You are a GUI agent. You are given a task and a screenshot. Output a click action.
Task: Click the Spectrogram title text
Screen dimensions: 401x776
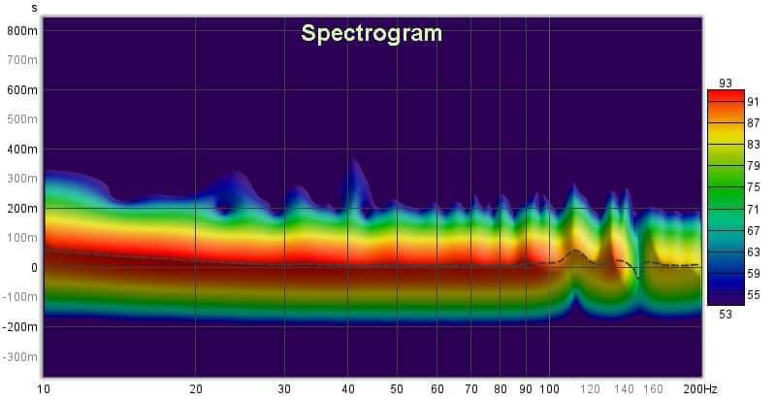tap(372, 33)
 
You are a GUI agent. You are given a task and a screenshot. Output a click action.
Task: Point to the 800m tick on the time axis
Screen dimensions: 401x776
tap(22, 30)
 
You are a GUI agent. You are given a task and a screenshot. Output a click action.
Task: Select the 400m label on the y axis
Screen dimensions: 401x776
tap(22, 150)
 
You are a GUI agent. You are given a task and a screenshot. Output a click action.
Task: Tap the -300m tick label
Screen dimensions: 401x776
tap(20, 357)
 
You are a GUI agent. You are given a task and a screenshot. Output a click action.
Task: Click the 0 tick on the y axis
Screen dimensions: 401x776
tap(33, 268)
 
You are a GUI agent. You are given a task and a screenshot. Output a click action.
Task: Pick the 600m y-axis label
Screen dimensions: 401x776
tap(22, 90)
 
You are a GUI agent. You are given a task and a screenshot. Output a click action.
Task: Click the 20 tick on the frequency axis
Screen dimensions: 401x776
tap(196, 388)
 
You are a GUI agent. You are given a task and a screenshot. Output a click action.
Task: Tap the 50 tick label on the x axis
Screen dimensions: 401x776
tap(396, 388)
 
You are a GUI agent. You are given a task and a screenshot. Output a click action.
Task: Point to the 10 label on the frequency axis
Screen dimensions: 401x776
tap(44, 388)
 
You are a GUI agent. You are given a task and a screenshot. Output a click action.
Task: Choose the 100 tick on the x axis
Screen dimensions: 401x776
tap(549, 388)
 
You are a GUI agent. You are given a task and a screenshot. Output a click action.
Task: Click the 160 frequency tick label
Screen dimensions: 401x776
tap(654, 388)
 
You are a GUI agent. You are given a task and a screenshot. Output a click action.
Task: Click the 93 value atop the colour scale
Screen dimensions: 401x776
tap(725, 83)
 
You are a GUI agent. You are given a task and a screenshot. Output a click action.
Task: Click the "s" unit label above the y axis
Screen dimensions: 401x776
tap(34, 8)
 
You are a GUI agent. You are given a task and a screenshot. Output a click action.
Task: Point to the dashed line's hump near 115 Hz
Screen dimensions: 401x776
tap(575, 251)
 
